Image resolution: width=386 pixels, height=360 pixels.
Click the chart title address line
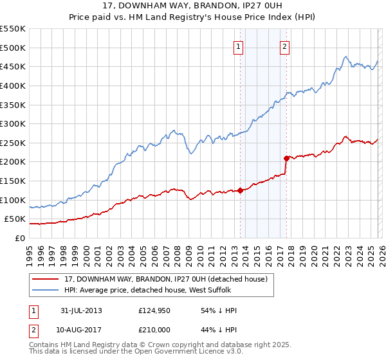click(x=193, y=6)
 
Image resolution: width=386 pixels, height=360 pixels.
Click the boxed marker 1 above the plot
click(x=238, y=46)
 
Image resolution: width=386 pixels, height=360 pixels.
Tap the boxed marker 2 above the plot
click(x=284, y=46)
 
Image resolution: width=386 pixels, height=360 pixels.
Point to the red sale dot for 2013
click(x=240, y=190)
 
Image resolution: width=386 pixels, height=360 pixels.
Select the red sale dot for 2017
click(x=286, y=157)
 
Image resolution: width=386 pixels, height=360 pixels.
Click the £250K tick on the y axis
click(x=13, y=143)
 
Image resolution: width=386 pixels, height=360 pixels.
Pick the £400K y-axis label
click(x=13, y=85)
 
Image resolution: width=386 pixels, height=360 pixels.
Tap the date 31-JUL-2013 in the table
click(x=80, y=310)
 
